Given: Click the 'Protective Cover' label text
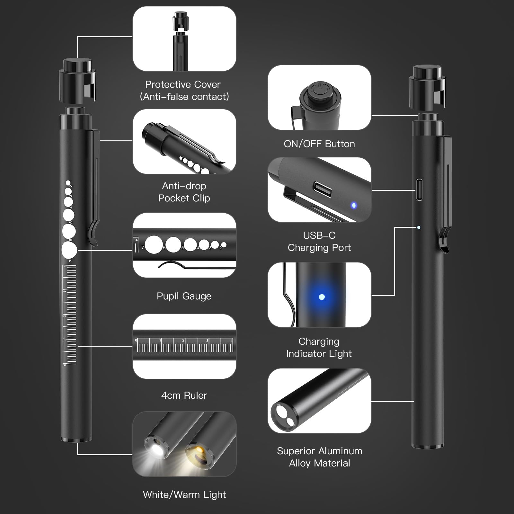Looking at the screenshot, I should click(x=183, y=84).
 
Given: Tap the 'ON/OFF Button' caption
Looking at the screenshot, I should click(x=319, y=144).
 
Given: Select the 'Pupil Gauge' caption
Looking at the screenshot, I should click(x=184, y=296).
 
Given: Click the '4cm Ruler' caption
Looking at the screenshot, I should click(x=184, y=395).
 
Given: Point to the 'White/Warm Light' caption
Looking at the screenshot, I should click(x=184, y=494).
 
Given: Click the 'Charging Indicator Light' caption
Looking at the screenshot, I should click(x=319, y=347).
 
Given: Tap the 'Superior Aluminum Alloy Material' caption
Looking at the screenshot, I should click(x=320, y=457).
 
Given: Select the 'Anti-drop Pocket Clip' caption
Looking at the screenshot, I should click(x=184, y=192).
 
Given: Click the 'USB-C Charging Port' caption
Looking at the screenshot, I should click(x=319, y=241).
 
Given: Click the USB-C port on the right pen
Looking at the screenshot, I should click(x=419, y=190).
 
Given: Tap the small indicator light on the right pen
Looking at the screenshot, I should click(x=419, y=227).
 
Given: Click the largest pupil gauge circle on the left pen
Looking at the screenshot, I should click(x=69, y=250).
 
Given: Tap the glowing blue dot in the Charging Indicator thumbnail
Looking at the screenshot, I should click(x=322, y=297).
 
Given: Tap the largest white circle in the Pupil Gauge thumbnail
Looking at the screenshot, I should click(x=154, y=245).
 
